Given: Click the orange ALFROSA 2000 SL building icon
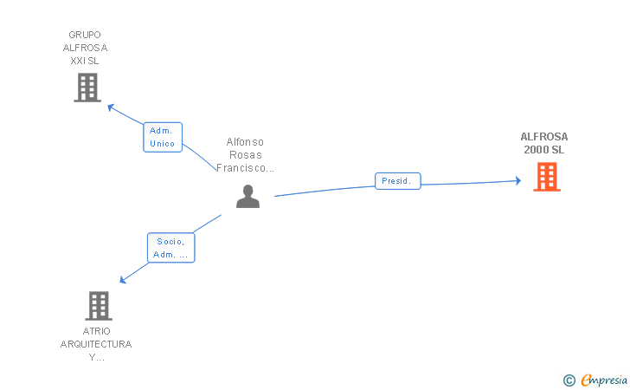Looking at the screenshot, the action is (x=546, y=177).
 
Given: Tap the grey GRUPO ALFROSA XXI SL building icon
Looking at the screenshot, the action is (x=87, y=88).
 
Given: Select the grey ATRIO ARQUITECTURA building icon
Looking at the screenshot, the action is (x=99, y=305).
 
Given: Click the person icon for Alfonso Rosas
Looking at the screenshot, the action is (x=247, y=198).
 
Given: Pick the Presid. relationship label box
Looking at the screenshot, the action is (x=398, y=181).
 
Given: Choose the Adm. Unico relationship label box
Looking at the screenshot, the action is (x=163, y=137).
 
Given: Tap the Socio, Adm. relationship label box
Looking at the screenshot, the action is (x=171, y=248).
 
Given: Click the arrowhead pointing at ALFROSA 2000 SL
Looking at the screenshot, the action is (x=517, y=181).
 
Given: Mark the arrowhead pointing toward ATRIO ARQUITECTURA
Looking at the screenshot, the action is (x=124, y=279).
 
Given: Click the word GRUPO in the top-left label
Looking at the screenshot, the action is (x=85, y=35).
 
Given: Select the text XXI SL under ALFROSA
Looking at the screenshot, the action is (x=85, y=61).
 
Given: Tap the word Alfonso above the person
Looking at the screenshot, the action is (x=245, y=141).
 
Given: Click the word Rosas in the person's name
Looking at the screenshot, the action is (x=245, y=154).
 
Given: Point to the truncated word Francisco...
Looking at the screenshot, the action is (x=245, y=168).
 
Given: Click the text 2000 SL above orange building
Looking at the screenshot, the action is (x=543, y=149).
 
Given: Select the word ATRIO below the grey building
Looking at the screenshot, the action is (x=96, y=331).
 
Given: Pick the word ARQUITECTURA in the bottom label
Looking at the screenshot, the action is (x=96, y=344).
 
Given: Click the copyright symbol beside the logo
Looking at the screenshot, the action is (x=569, y=380).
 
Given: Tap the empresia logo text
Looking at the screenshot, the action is (x=604, y=380).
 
